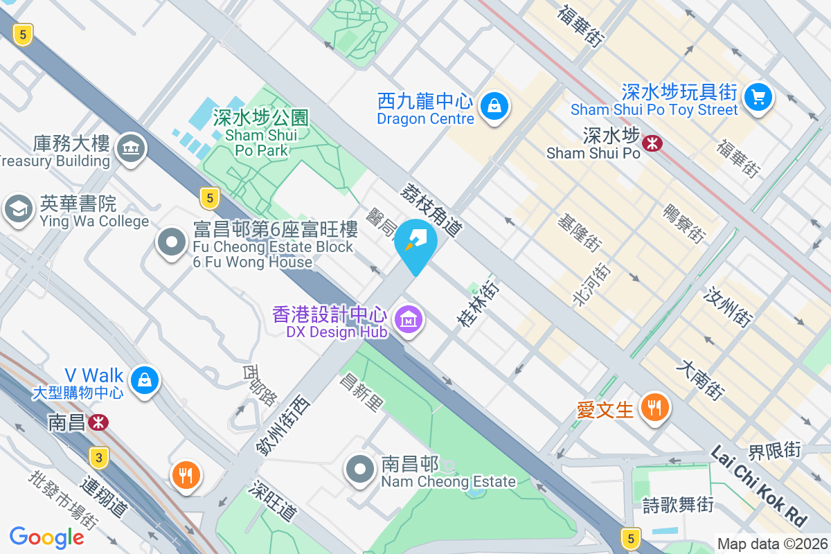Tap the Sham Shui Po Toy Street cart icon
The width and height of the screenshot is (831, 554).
click(x=758, y=96)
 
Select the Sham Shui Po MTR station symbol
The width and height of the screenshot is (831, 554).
click(x=652, y=143)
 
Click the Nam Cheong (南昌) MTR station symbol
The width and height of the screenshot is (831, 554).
click(x=98, y=422)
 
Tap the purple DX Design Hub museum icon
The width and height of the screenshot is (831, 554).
click(x=409, y=320)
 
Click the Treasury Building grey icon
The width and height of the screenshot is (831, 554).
click(x=130, y=148)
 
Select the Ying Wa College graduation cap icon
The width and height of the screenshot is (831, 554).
click(x=19, y=208)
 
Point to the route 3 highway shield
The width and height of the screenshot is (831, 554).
click(x=100, y=458)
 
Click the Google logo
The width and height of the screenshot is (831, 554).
click(x=47, y=537)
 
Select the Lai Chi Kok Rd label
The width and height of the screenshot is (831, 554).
click(x=759, y=484)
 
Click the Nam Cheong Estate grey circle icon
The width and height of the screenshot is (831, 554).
click(x=360, y=469)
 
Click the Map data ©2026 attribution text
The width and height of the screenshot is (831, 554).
click(x=772, y=544)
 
